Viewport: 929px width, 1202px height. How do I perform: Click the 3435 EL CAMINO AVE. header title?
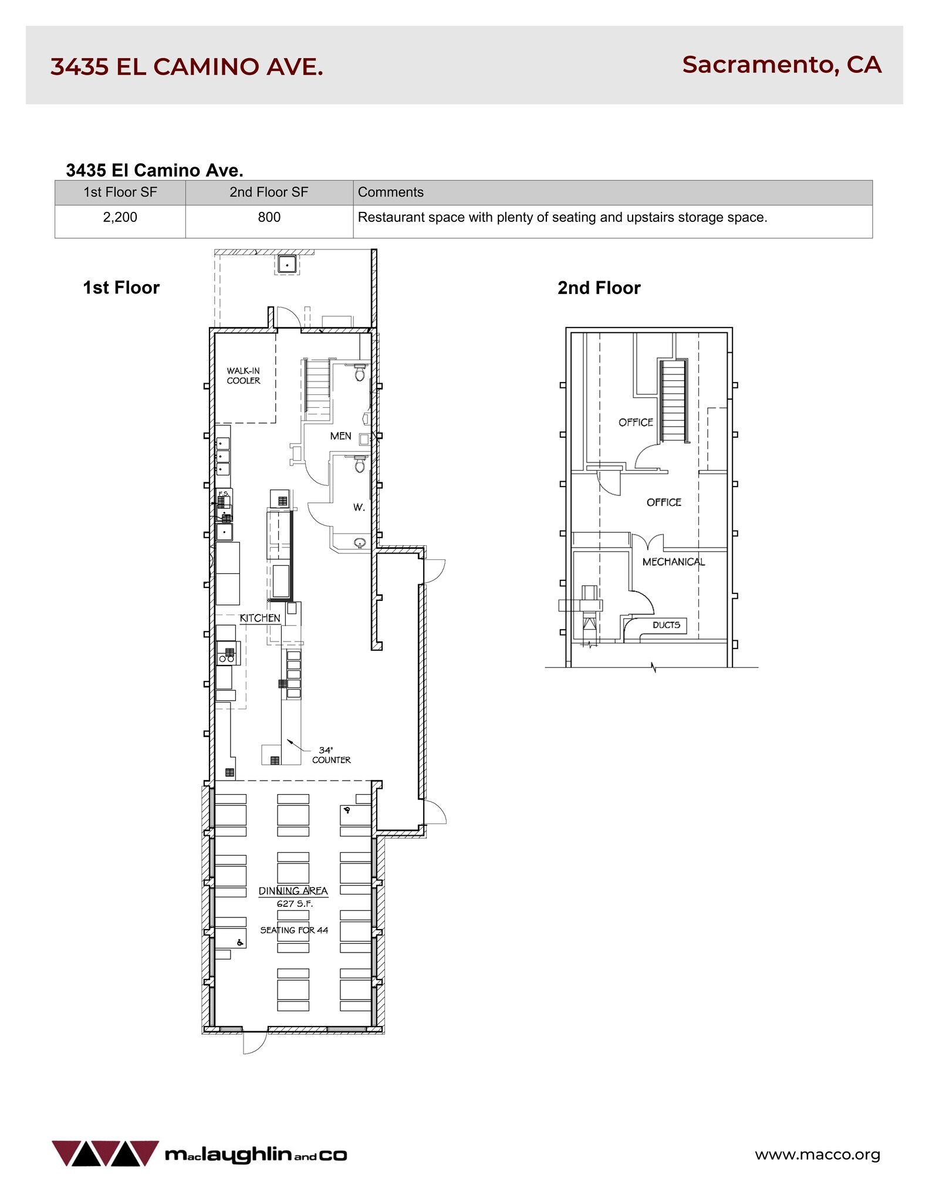[187, 67]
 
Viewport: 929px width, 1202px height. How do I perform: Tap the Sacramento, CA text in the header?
[781, 65]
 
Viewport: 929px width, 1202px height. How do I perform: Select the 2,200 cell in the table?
[120, 217]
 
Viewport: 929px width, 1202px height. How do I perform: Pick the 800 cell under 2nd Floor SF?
[269, 217]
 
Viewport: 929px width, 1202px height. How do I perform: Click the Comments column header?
[390, 192]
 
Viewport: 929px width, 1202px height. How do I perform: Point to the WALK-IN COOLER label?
[244, 376]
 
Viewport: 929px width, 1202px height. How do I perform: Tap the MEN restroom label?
[340, 436]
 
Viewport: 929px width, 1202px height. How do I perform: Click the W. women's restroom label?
[359, 507]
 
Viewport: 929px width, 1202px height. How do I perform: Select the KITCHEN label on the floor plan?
[260, 618]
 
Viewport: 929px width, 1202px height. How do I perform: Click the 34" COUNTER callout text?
[330, 755]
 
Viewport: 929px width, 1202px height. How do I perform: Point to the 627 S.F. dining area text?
[295, 904]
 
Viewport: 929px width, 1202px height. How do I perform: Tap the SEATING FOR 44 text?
[294, 930]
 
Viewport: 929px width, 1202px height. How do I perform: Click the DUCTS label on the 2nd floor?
[666, 625]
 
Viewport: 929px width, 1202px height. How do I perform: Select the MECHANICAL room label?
[673, 562]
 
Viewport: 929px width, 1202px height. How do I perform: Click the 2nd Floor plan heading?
[599, 288]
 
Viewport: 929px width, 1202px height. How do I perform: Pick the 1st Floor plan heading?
[121, 288]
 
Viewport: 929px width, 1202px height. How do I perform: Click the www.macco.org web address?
[817, 1154]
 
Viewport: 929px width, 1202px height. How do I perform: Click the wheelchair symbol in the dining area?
[239, 943]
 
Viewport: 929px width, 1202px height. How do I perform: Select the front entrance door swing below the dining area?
[254, 1043]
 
